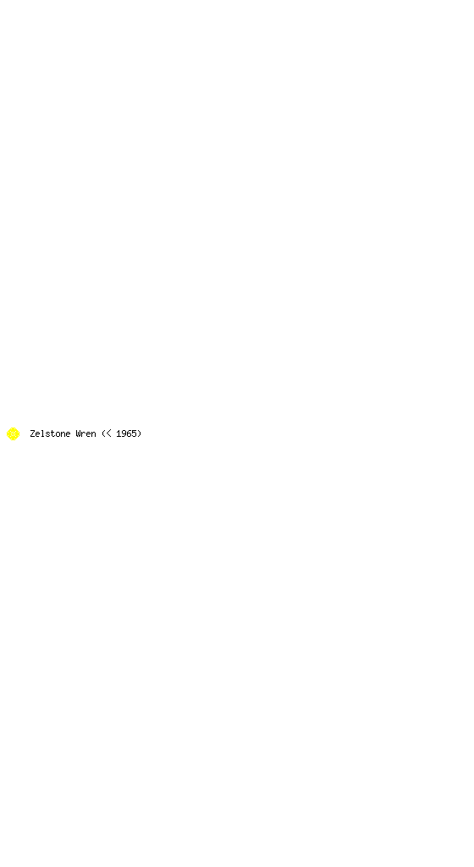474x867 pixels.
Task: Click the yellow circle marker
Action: (x=13, y=434)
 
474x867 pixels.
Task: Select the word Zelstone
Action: (x=50, y=433)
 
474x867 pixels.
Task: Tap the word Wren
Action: (x=85, y=433)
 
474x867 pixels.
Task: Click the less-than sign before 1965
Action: (x=109, y=434)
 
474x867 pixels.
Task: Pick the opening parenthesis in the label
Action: (x=103, y=434)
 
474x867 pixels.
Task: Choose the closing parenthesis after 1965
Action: (x=139, y=434)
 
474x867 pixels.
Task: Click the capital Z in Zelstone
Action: (x=33, y=433)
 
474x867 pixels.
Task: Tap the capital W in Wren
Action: (x=78, y=433)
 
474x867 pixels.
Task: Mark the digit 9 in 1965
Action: (x=124, y=433)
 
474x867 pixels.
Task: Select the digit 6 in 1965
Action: (x=130, y=433)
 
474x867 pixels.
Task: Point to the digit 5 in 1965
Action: (x=135, y=433)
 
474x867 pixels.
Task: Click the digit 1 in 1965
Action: (x=118, y=433)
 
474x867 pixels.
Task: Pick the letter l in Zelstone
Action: (x=43, y=433)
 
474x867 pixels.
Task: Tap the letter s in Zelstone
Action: (x=48, y=434)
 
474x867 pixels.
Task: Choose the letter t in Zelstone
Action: (x=53, y=433)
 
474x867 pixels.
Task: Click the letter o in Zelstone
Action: (x=58, y=434)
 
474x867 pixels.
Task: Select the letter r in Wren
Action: (x=84, y=434)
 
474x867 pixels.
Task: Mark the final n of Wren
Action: (x=93, y=434)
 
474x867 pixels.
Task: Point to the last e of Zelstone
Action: (x=69, y=434)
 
